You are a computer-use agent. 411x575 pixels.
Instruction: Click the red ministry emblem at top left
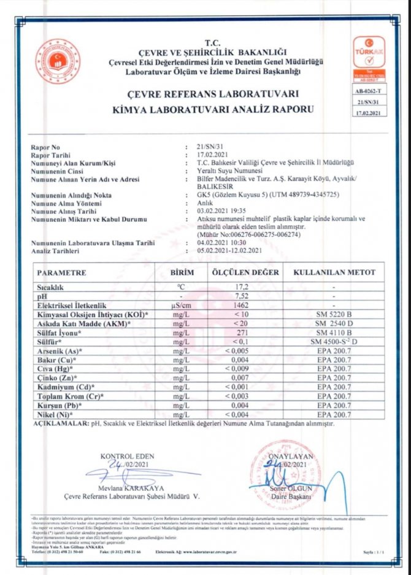58,61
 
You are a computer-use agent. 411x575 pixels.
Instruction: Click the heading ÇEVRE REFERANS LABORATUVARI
204,95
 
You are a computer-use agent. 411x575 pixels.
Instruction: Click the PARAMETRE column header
62,272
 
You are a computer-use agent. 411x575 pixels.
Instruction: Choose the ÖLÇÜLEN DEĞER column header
245,272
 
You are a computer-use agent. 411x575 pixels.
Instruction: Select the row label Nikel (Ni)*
56,415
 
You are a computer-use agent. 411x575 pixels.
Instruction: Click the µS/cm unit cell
181,304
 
